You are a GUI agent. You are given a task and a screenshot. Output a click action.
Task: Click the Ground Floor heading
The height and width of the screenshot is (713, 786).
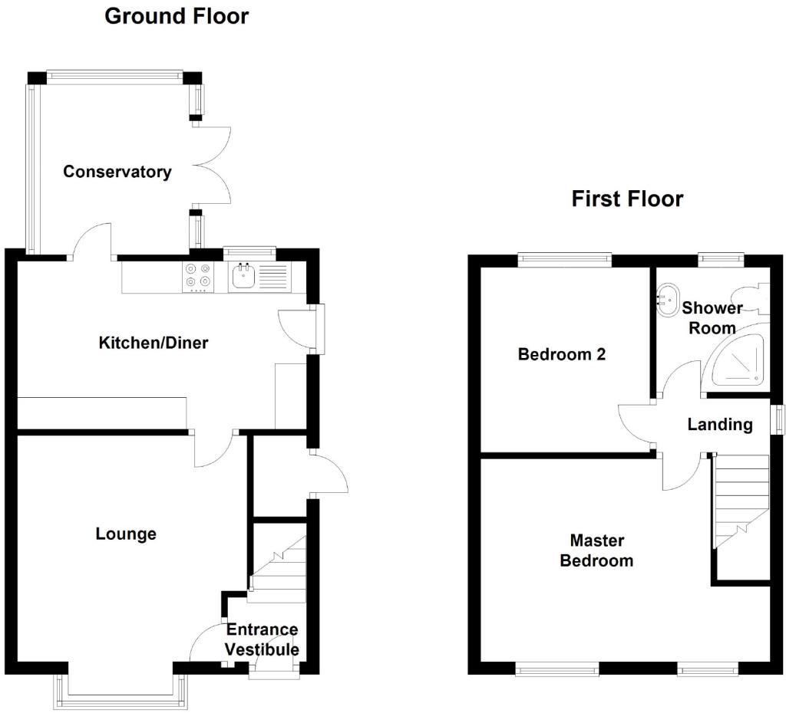(x=177, y=16)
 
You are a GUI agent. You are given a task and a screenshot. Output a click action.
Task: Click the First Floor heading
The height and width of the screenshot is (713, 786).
(x=627, y=199)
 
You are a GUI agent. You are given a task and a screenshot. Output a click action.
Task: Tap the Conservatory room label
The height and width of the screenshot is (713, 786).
(x=117, y=172)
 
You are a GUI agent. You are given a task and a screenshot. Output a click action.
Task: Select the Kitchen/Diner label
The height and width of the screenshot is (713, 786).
(x=154, y=343)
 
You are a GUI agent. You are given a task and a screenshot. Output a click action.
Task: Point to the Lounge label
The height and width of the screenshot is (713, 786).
(x=126, y=534)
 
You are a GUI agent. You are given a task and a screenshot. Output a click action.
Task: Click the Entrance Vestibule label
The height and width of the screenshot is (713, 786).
(x=262, y=640)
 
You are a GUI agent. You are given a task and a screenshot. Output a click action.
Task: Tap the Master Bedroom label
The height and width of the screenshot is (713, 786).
(x=596, y=551)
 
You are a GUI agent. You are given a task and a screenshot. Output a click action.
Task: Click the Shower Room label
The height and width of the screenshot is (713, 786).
(x=712, y=318)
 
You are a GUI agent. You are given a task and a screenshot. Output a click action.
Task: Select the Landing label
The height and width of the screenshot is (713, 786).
(x=719, y=424)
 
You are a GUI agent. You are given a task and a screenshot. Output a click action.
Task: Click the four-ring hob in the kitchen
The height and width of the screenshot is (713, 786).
(x=197, y=277)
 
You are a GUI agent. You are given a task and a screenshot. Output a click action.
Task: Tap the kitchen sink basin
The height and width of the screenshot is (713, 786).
(x=244, y=277)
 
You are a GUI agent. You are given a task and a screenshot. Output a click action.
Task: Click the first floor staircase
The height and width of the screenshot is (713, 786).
(x=741, y=498)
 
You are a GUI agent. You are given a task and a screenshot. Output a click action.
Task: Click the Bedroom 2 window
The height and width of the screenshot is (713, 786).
(x=564, y=260)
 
